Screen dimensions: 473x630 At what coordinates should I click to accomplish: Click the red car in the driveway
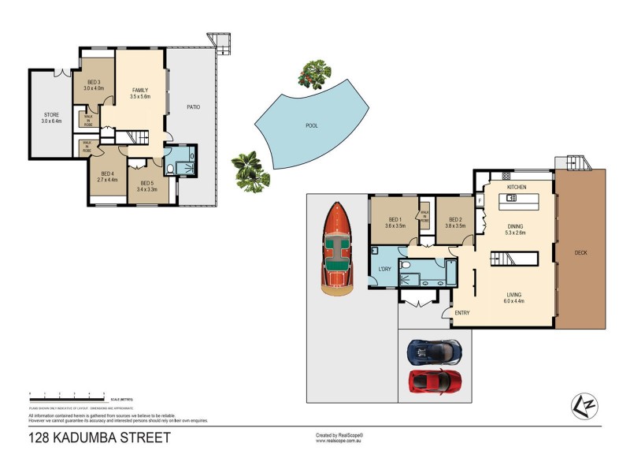[x=434, y=382]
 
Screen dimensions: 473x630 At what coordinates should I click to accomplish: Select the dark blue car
[x=434, y=351]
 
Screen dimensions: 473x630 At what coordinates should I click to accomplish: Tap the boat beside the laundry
[x=336, y=248]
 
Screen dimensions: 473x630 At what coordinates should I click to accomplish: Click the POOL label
[x=312, y=125]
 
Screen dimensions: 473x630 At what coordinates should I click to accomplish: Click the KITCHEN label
[x=516, y=187]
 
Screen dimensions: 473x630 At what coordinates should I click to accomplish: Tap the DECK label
[x=580, y=253]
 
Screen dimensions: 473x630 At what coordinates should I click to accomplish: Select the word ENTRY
[x=462, y=313]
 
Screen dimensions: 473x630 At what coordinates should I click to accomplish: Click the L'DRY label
[x=385, y=270]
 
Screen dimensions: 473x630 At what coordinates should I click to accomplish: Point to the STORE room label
[x=51, y=118]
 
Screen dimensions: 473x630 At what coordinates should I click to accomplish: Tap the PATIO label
[x=191, y=106]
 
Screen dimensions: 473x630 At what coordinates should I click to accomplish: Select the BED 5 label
[x=147, y=186]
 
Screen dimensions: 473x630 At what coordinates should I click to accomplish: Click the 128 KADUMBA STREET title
[x=99, y=438]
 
